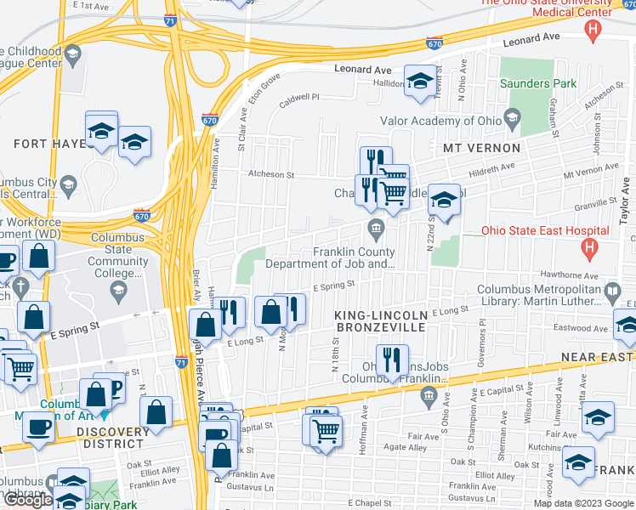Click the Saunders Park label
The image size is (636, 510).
click(537, 83)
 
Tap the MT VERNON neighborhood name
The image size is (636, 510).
click(481, 148)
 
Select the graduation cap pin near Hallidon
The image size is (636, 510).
click(418, 82)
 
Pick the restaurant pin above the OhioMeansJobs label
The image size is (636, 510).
click(392, 360)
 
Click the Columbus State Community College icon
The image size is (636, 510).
click(118, 292)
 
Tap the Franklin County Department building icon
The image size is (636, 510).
click(375, 228)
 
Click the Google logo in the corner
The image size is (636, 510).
click(27, 500)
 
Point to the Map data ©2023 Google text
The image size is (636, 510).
click(582, 503)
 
